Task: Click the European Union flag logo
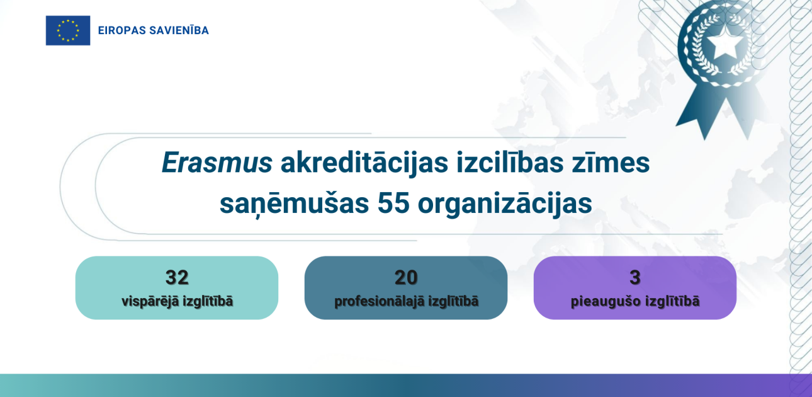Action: [68, 30]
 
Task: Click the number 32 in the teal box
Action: [177, 277]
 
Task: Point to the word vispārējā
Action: [149, 301]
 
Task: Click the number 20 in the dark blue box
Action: [406, 277]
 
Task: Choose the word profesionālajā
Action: [380, 301]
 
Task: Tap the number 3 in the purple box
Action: [635, 277]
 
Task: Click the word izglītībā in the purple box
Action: [672, 301]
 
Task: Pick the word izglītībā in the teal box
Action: [207, 301]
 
